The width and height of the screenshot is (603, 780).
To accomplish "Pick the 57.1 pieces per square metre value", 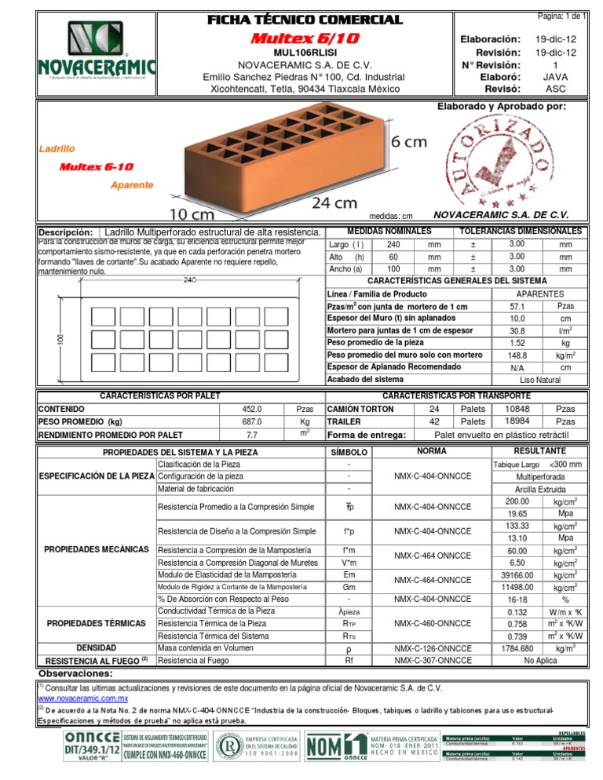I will pyautogui.click(x=517, y=306).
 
